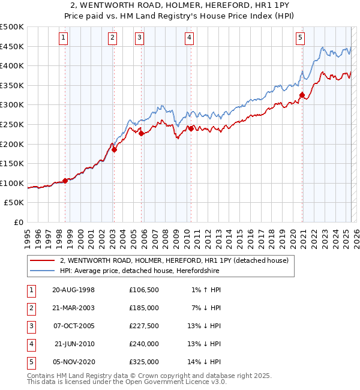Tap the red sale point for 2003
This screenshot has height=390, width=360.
point(114,150)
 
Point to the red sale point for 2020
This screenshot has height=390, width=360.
point(302,95)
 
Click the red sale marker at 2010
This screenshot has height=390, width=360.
point(191,128)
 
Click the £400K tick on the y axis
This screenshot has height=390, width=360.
point(13,66)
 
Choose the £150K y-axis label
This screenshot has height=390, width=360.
point(13,163)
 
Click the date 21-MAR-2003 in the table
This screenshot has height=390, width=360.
point(74,308)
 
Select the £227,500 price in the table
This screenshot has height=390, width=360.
point(144,326)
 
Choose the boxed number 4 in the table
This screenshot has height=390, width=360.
point(31,344)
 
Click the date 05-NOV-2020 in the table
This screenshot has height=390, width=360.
point(74,362)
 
